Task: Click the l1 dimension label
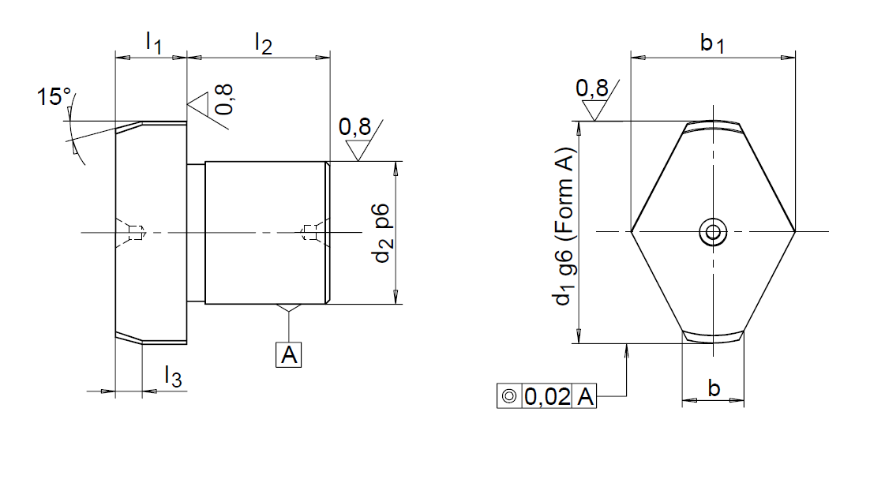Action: (x=154, y=43)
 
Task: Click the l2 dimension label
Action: (x=264, y=43)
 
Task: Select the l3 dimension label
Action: (x=173, y=376)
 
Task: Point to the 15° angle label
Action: (x=54, y=96)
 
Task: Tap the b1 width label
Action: (x=712, y=43)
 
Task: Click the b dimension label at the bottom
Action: (x=714, y=388)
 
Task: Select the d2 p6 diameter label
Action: (x=382, y=233)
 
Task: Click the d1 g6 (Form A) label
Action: (x=564, y=227)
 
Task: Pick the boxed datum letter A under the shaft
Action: (x=288, y=354)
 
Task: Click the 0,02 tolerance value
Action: (x=547, y=396)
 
